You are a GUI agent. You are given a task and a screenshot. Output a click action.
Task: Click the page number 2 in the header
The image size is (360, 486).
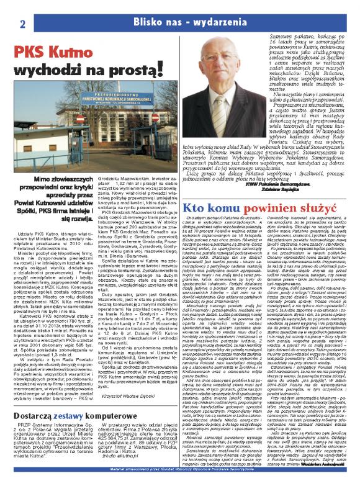[x=21, y=8]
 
